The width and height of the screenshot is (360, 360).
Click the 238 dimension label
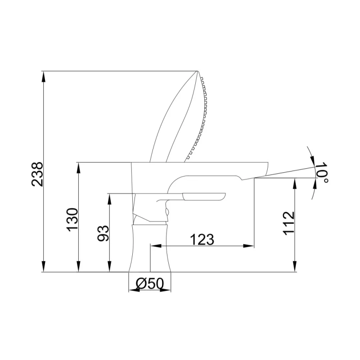click(37, 174)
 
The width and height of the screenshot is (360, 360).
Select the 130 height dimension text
click(72, 220)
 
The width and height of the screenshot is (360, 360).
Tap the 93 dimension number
click(103, 233)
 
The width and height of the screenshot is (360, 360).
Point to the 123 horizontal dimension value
click(202, 239)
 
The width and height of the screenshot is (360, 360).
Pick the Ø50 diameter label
click(150, 283)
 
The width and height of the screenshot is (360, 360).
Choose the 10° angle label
click(322, 172)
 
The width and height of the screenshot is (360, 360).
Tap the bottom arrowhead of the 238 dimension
click(44, 266)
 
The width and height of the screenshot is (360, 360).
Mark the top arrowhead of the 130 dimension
click(78, 168)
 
